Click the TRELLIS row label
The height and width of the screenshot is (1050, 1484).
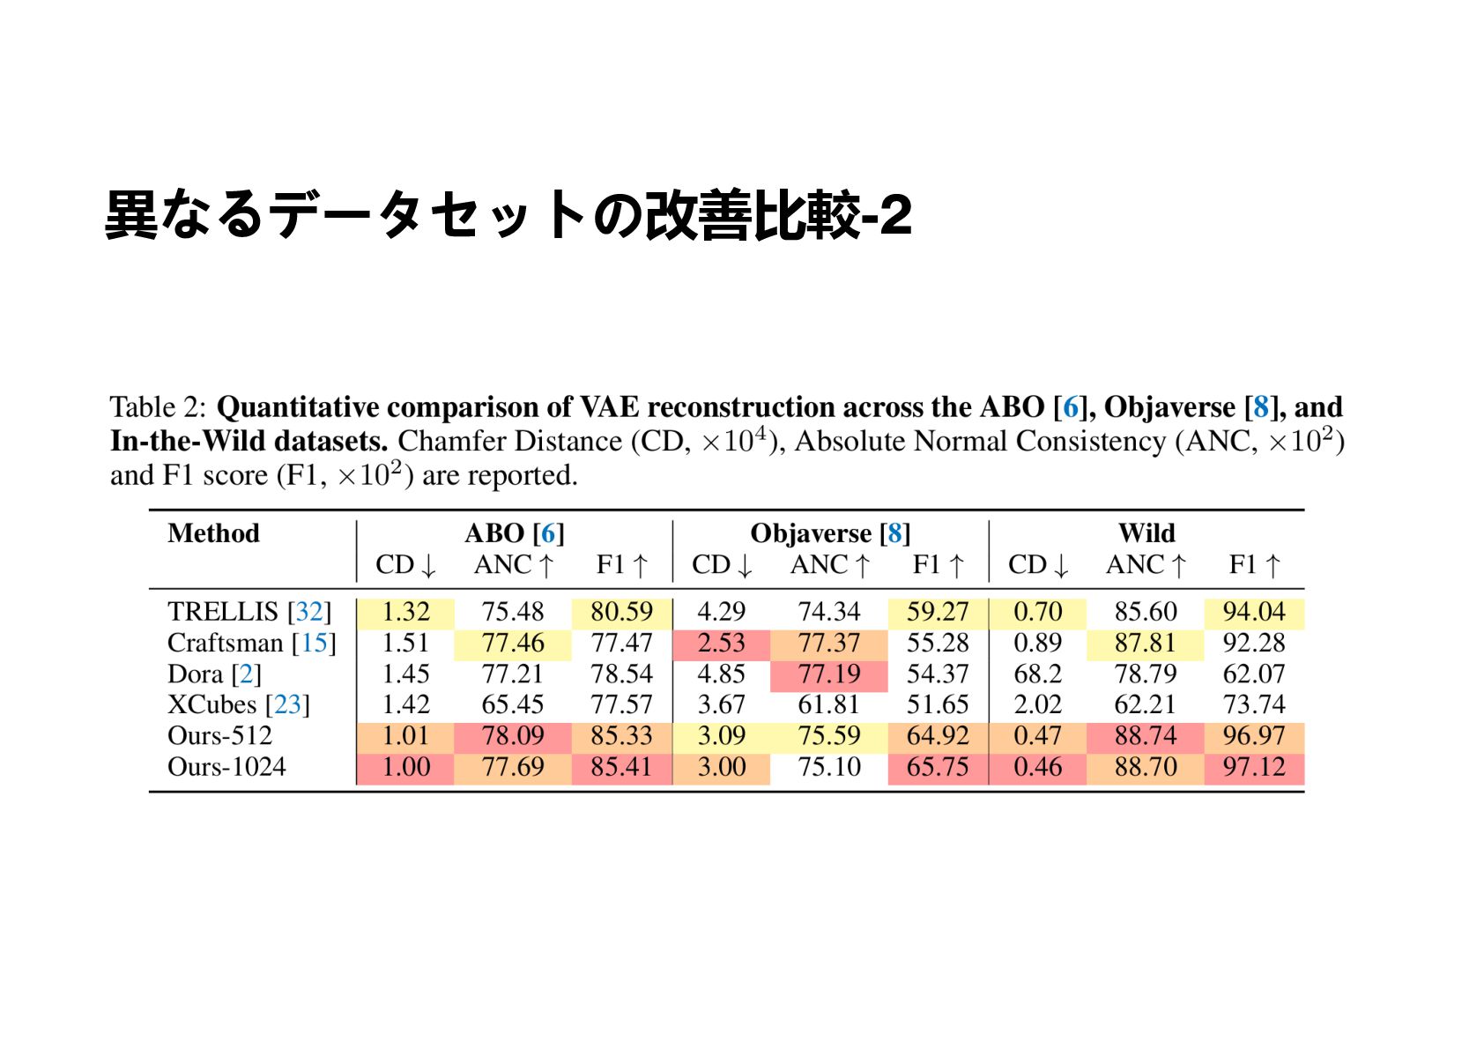coord(222,611)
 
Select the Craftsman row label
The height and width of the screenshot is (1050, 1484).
coord(225,643)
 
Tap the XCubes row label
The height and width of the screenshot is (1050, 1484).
coord(211,704)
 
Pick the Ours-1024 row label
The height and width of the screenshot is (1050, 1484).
coord(226,766)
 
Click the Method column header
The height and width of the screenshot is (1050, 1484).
coord(213,533)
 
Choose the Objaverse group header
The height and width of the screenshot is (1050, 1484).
coord(811,533)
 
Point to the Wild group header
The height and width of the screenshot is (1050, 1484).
coord(1146,533)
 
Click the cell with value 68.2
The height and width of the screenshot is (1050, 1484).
coord(1037,674)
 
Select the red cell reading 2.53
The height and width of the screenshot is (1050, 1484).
coord(721,643)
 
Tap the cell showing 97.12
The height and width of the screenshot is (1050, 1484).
coord(1253,766)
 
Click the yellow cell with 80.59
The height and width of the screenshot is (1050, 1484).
coord(621,611)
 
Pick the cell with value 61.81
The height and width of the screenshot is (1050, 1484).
coord(828,704)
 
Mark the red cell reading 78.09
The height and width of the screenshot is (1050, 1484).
coord(513,735)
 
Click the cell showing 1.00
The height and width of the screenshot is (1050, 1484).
coord(405,766)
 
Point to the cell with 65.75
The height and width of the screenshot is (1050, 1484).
coord(937,766)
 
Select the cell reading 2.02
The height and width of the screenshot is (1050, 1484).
coord(1037,704)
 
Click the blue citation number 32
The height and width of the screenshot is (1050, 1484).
coord(309,611)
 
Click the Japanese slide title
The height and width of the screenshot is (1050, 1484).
coord(508,214)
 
